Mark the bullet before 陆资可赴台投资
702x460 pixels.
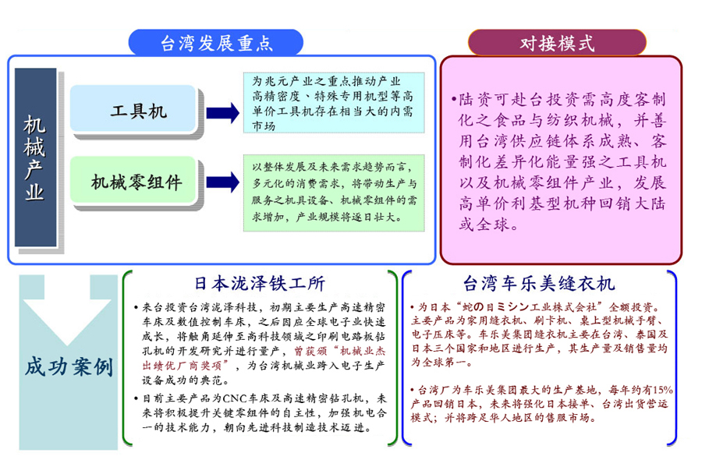(x=454, y=101)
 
